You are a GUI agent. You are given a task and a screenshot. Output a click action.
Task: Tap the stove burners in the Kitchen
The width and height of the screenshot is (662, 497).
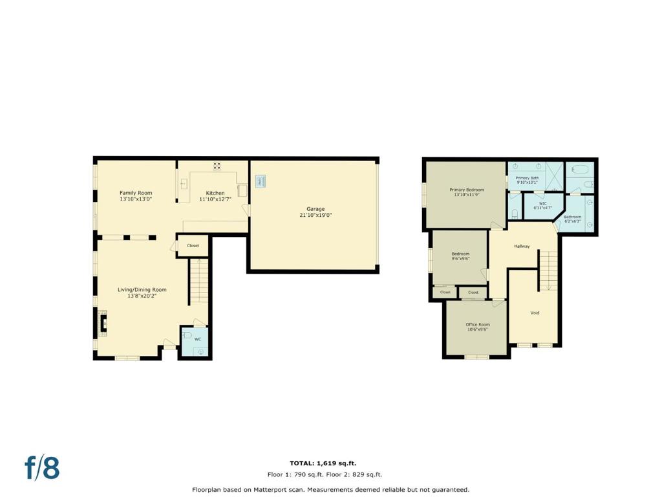[217, 166]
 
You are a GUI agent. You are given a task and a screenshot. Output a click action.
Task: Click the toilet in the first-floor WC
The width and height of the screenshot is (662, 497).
[187, 335]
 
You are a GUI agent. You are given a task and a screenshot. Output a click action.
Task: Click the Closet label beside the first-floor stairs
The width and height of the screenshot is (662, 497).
[193, 245]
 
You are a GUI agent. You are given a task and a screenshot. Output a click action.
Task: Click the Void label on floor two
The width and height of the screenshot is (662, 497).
[535, 313]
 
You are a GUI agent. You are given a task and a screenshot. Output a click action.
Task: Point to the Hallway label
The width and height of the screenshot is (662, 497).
[522, 246]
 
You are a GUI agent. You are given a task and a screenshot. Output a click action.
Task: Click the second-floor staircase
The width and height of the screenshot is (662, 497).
[548, 271]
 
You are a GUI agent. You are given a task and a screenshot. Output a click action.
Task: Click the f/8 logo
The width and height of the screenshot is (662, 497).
[42, 467]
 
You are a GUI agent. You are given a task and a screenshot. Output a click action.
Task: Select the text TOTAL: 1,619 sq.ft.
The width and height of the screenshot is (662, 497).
[323, 463]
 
